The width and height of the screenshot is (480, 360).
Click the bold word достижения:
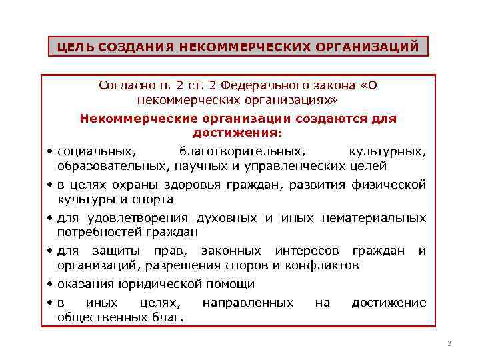click(238, 133)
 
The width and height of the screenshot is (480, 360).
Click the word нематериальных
click(373, 218)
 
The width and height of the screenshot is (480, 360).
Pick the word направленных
click(247, 303)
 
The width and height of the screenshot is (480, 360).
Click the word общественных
click(99, 317)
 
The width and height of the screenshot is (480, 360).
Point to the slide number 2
click(449, 344)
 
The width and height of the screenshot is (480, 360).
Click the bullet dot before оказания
click(51, 284)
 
